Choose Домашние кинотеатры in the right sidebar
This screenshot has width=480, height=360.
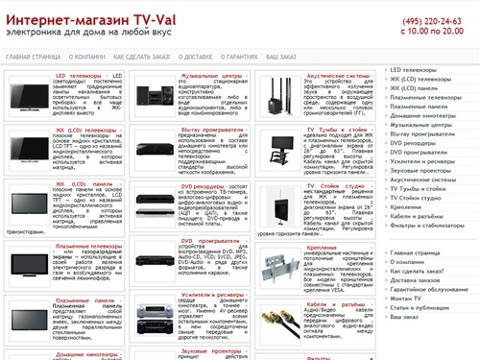click(x=422, y=115)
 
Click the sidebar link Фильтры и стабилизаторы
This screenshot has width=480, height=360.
click(x=426, y=225)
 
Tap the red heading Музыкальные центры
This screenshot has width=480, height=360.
click(x=210, y=73)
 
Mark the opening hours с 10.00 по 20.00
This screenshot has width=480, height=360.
click(x=427, y=32)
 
